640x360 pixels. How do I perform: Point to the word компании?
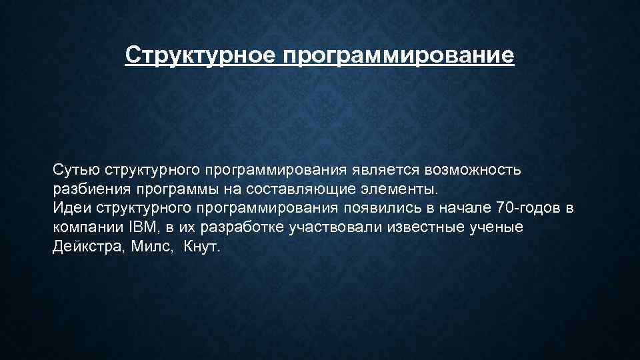click(83, 227)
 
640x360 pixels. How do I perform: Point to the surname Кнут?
click(200, 247)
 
